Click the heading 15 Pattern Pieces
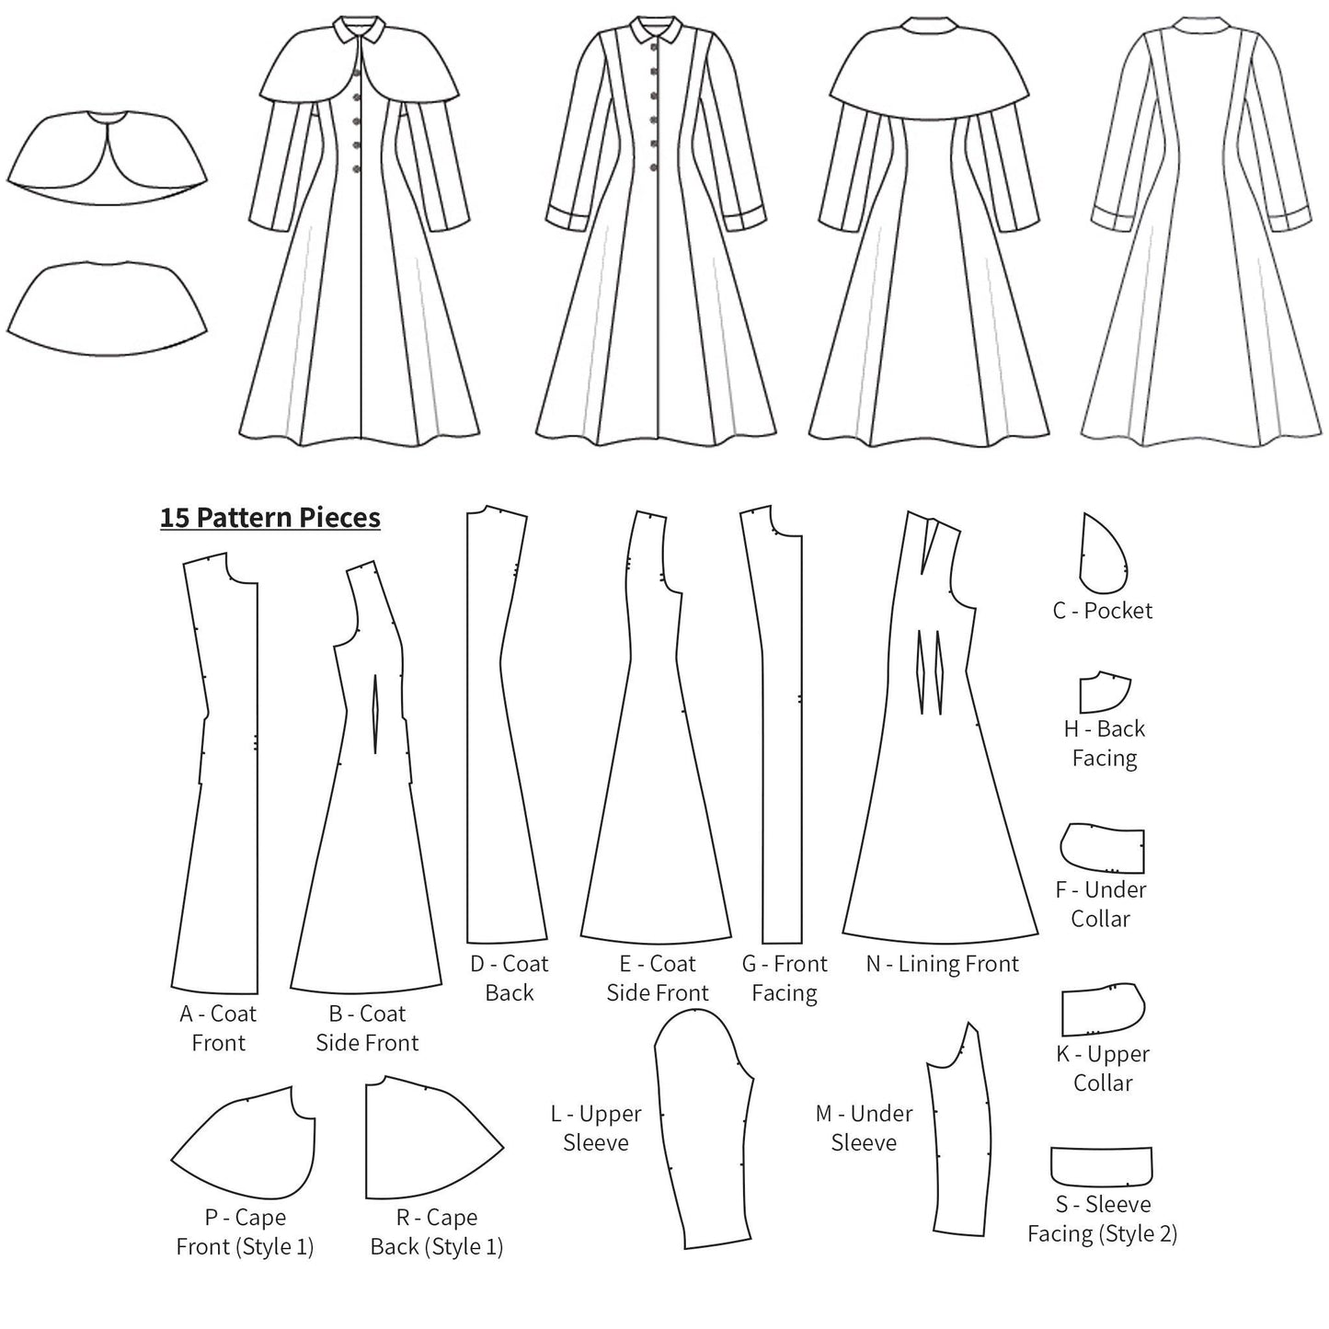point(269,518)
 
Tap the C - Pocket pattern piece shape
point(1102,556)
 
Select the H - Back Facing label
point(1104,743)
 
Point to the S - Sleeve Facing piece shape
point(1101,1165)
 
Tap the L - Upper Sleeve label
point(596,1128)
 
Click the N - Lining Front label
point(942,964)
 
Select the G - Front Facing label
point(785,978)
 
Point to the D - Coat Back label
point(509,978)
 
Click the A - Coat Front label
point(218,1027)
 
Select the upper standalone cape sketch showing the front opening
point(107,152)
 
